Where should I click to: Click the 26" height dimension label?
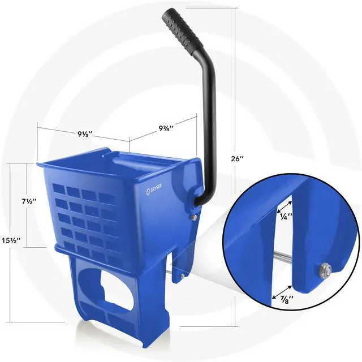click(238, 159)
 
